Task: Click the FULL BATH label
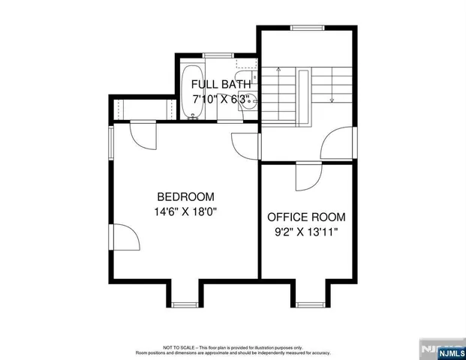(221, 84)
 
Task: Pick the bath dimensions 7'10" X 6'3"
(221, 99)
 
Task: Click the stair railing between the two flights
(304, 96)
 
